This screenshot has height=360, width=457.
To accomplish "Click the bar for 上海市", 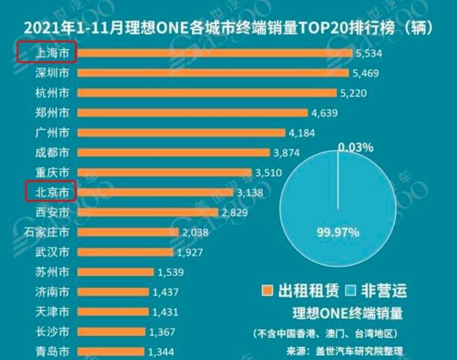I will (x=214, y=53).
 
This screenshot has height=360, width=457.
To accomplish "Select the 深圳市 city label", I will (x=53, y=73).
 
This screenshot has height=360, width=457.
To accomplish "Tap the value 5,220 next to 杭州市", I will (x=353, y=93).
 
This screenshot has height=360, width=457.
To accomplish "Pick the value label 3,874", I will (x=287, y=153).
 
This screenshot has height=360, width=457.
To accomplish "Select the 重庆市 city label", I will (x=53, y=173).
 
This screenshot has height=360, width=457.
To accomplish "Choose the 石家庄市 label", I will (x=47, y=232).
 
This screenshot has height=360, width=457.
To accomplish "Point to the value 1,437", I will (x=166, y=292).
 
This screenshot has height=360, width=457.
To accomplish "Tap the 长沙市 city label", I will (x=53, y=331).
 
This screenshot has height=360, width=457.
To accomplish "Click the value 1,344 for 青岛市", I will (x=161, y=350).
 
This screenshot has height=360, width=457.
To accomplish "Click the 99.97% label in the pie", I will (x=338, y=232).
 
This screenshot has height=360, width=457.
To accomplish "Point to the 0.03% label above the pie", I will (x=355, y=147).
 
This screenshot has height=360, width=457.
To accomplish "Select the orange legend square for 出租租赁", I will (x=266, y=291).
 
